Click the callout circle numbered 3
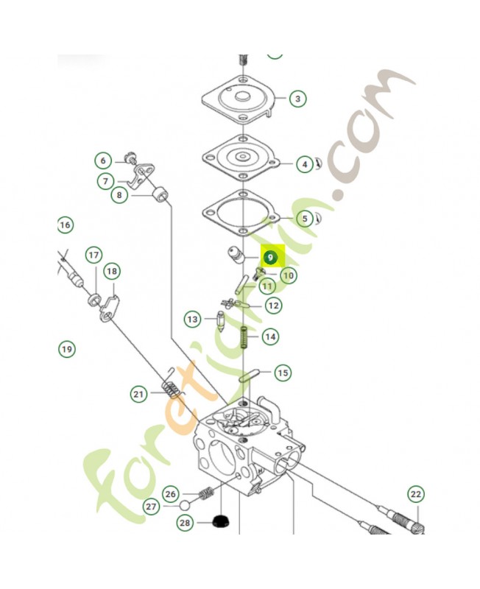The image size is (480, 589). (x=297, y=99)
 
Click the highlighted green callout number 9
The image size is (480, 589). (x=270, y=258)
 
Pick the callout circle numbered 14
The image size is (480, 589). (x=270, y=336)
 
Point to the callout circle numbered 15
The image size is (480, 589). (x=283, y=373)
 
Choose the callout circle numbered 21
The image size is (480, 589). (x=139, y=395)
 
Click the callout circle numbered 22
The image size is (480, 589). (x=417, y=494)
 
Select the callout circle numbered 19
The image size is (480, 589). (x=67, y=348)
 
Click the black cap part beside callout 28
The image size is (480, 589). (x=219, y=523)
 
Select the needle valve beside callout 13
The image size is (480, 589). (x=220, y=321)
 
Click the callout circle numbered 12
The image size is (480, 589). (x=272, y=305)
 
